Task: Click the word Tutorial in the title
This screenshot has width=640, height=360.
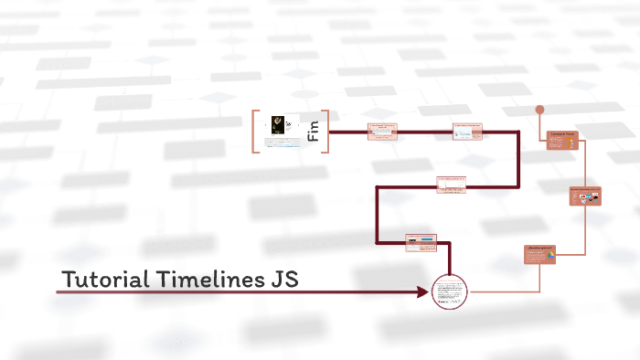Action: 101,279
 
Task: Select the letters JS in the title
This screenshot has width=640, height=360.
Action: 283,279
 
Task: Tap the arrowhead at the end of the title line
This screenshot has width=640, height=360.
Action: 423,292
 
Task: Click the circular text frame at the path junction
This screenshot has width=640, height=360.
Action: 449,291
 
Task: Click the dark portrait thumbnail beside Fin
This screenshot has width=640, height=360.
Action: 280,124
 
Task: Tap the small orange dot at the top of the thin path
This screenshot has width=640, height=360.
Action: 539,110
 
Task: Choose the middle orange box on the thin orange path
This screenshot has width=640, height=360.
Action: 586,196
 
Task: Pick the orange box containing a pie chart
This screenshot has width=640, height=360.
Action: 540,255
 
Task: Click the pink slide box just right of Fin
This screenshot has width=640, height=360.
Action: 382,132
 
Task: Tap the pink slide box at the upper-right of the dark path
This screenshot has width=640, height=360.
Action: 466,132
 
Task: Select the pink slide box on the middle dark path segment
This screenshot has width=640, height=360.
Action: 452,185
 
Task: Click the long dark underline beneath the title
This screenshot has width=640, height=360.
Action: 238,292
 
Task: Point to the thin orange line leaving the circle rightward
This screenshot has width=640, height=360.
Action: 498,291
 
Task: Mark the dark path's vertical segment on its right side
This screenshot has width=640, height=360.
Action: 519,160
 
